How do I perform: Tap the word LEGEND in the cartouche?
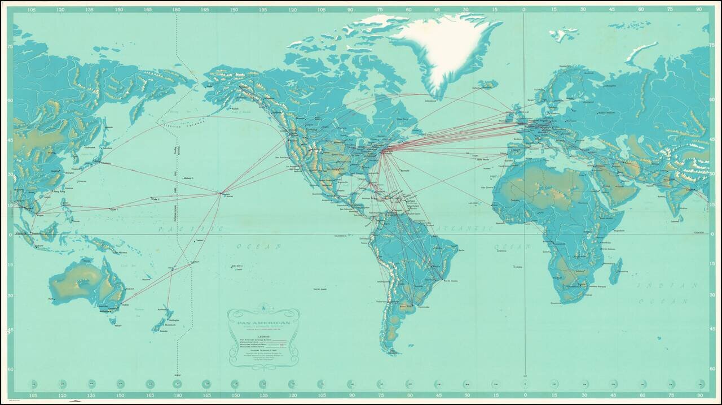pyautogui.click(x=263, y=336)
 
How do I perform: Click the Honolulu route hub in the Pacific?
pyautogui.click(x=221, y=194)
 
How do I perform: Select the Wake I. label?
pyautogui.click(x=155, y=199)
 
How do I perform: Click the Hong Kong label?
pyautogui.click(x=59, y=192)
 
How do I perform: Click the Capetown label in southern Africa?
pyautogui.click(x=558, y=303)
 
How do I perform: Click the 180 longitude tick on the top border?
pyautogui.click(x=177, y=10)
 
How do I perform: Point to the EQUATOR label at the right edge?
pyautogui.click(x=698, y=232)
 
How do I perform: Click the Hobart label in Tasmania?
pyautogui.click(x=118, y=325)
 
